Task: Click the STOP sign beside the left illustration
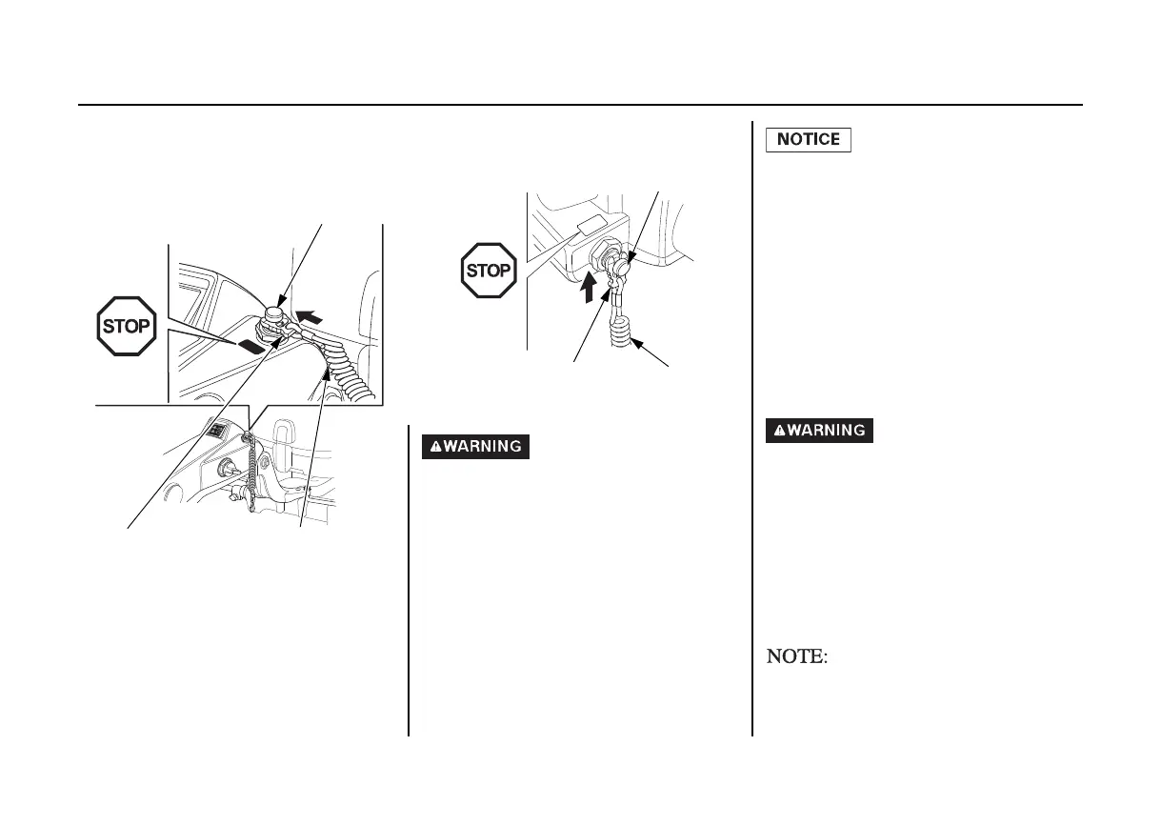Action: coord(126,327)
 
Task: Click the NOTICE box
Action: coord(809,140)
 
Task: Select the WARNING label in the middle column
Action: coord(475,446)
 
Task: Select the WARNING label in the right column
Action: coord(819,431)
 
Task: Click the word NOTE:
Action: coord(795,656)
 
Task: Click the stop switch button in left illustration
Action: coord(275,313)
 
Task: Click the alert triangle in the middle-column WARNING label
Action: coord(432,446)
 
